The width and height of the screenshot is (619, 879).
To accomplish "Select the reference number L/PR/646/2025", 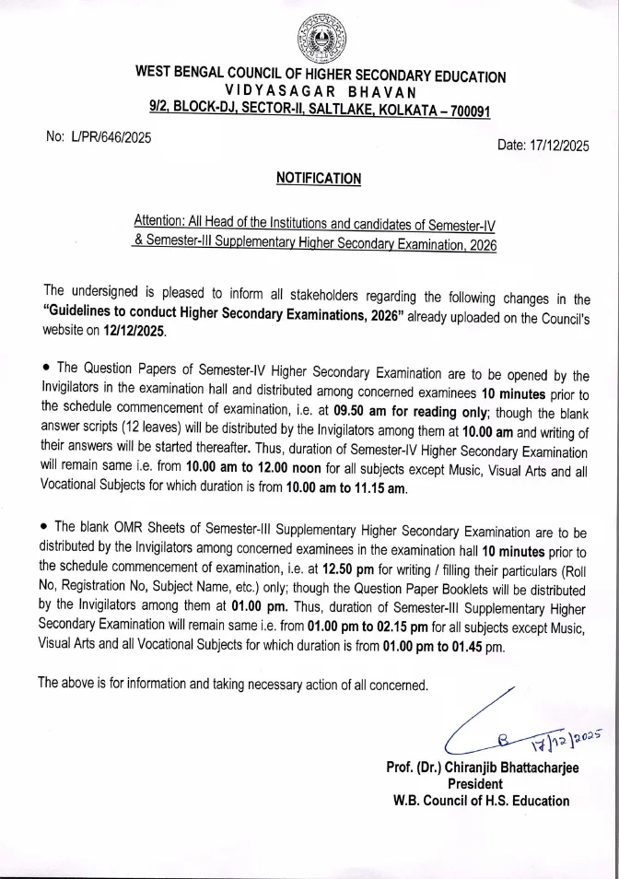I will pyautogui.click(x=99, y=137).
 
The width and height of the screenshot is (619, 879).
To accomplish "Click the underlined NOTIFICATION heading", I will pyautogui.click(x=319, y=179).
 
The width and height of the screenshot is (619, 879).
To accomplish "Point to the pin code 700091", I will pyautogui.click(x=465, y=111).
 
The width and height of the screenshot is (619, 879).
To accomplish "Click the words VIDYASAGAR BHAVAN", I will pyautogui.click(x=320, y=92).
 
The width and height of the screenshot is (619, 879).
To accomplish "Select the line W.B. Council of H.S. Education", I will pyautogui.click(x=481, y=801).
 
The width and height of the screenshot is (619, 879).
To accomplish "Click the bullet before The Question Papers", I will pyautogui.click(x=45, y=372).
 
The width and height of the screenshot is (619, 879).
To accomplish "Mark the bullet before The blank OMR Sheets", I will pyautogui.click(x=45, y=526).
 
